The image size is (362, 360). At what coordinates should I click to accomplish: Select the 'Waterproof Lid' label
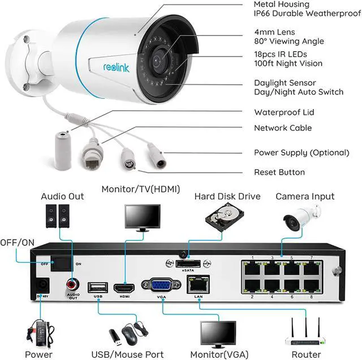(284, 112)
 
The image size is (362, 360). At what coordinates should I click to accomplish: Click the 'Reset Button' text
(279, 172)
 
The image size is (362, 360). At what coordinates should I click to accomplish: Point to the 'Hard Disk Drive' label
(227, 197)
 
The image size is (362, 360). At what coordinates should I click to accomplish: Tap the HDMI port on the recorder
(122, 288)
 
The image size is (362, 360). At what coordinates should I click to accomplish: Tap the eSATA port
(188, 264)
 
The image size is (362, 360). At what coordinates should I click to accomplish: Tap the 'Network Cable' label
(283, 128)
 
